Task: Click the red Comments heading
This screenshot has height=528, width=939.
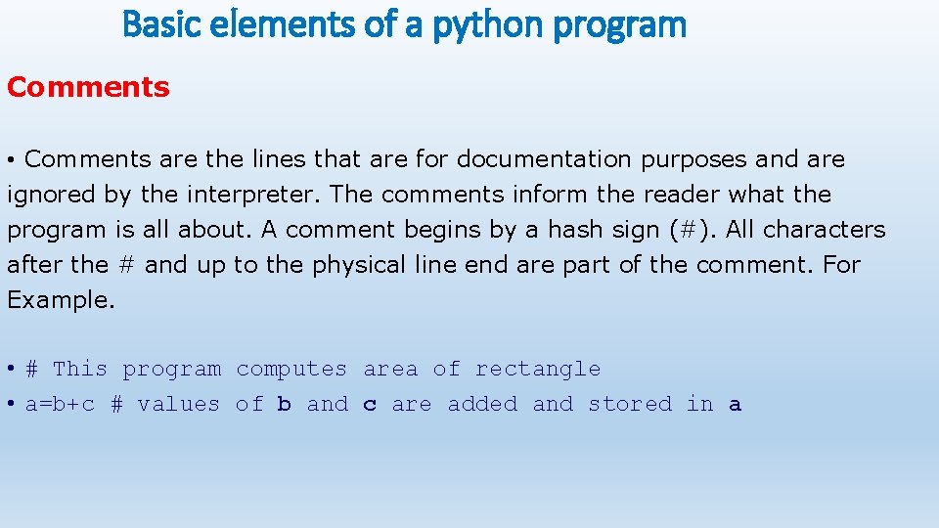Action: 88,87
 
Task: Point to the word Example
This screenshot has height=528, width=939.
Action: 61,300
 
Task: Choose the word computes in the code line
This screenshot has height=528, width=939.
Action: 291,370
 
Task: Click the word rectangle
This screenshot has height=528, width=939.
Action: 538,370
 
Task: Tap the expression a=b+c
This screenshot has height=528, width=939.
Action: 61,405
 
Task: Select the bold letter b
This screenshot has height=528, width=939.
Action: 285,405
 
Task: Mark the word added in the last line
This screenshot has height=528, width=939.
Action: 482,405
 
